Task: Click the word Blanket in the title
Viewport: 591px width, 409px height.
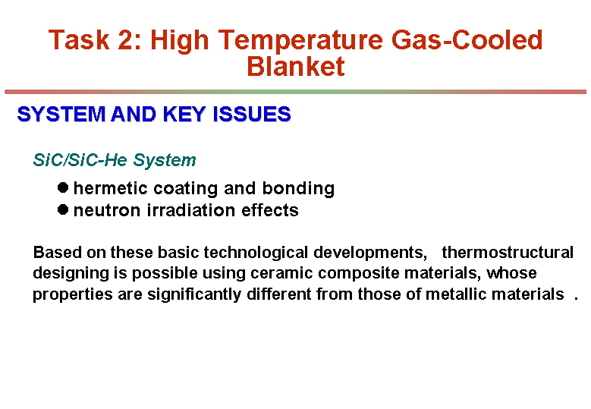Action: click(x=296, y=66)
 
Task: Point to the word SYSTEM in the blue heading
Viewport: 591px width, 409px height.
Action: click(x=61, y=114)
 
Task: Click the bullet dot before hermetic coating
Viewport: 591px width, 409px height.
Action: click(x=63, y=187)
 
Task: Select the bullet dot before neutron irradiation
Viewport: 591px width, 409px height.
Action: click(x=63, y=209)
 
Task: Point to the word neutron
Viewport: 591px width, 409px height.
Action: click(x=107, y=211)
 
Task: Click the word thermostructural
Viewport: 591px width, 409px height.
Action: click(x=508, y=252)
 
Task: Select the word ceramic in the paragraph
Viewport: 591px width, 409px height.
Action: click(x=281, y=273)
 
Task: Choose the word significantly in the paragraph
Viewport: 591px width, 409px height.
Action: click(x=194, y=294)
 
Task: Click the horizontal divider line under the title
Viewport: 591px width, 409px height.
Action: click(x=296, y=92)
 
